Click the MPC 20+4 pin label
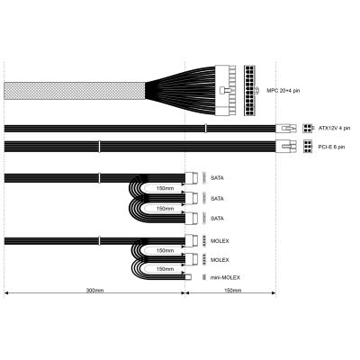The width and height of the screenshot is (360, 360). coord(283,90)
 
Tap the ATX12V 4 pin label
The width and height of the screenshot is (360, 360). coord(334,129)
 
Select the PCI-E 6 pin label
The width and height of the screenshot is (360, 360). coord(331,147)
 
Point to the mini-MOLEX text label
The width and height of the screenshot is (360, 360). coord(225,277)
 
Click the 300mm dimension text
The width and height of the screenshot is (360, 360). coord(94,291)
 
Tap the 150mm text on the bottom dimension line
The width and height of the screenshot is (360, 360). coord(232,291)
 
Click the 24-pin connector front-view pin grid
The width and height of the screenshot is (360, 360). coord(249,90)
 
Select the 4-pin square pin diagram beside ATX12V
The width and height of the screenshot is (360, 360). coord(307,129)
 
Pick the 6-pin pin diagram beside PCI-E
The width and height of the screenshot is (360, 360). coord(308,147)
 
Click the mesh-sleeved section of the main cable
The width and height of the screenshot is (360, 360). coord(75,91)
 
